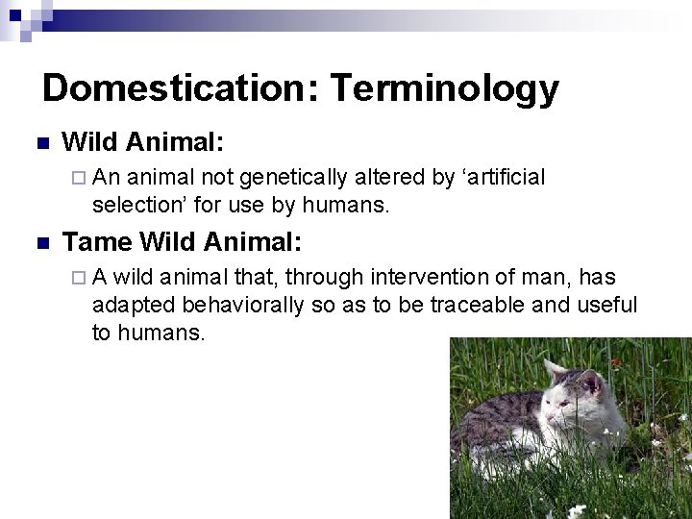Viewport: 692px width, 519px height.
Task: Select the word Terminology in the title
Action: point(445,88)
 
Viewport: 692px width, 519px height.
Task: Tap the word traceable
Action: point(454,305)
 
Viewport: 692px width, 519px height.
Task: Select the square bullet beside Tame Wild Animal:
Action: point(41,241)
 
